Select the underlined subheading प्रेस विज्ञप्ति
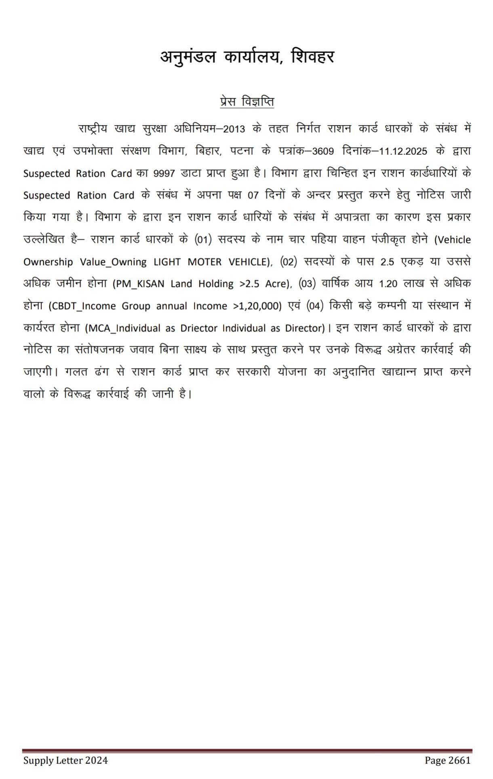click(247, 102)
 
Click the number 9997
click(164, 174)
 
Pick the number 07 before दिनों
click(253, 195)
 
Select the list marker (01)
click(203, 240)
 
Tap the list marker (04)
click(315, 306)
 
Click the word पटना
click(242, 151)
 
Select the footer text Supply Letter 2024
click(65, 760)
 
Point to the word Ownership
click(48, 262)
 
